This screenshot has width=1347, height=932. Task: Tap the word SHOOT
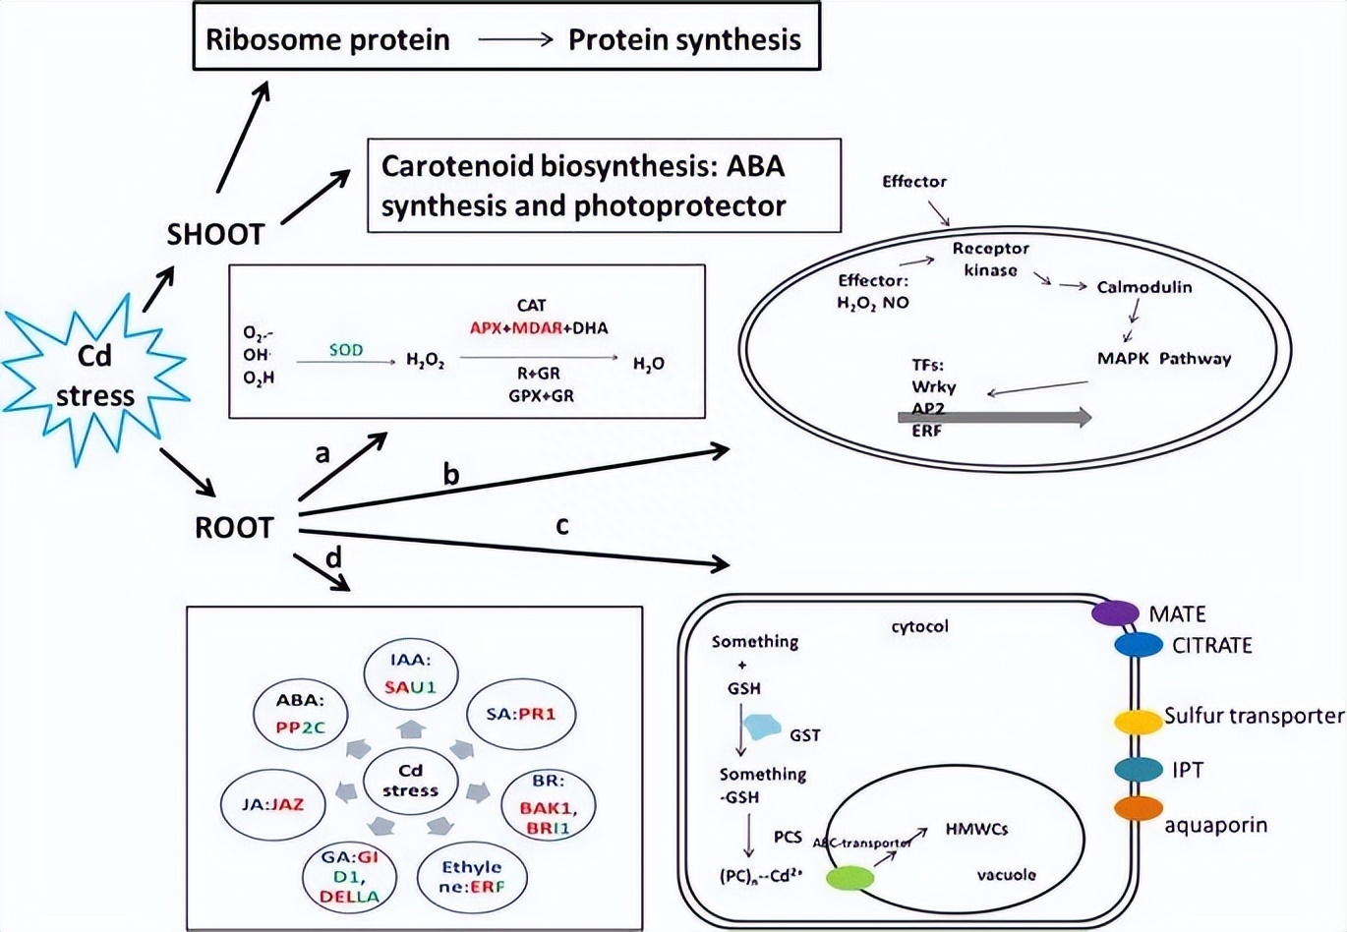coord(215,235)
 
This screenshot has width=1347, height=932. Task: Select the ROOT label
coord(233,528)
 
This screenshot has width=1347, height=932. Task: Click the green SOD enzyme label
coord(346,350)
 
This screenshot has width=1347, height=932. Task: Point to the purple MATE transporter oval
coord(1115,612)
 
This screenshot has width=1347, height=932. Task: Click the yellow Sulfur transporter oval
coord(1138,721)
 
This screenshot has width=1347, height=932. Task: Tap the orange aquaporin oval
coord(1138,808)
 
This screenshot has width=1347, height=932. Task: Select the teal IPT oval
coord(1139,769)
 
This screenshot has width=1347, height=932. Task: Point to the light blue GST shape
coord(762,728)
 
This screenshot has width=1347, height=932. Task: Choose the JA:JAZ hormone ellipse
coord(273,804)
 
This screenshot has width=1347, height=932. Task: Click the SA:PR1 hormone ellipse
coord(520,715)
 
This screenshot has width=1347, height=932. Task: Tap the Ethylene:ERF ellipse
coord(472,877)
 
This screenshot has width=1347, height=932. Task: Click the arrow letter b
coord(451,475)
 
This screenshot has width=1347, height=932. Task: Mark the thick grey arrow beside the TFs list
coord(994,417)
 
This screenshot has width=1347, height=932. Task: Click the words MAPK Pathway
coord(1164,359)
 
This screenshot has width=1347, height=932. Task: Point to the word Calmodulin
coord(1144,287)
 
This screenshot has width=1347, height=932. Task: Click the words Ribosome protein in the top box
coord(327,40)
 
